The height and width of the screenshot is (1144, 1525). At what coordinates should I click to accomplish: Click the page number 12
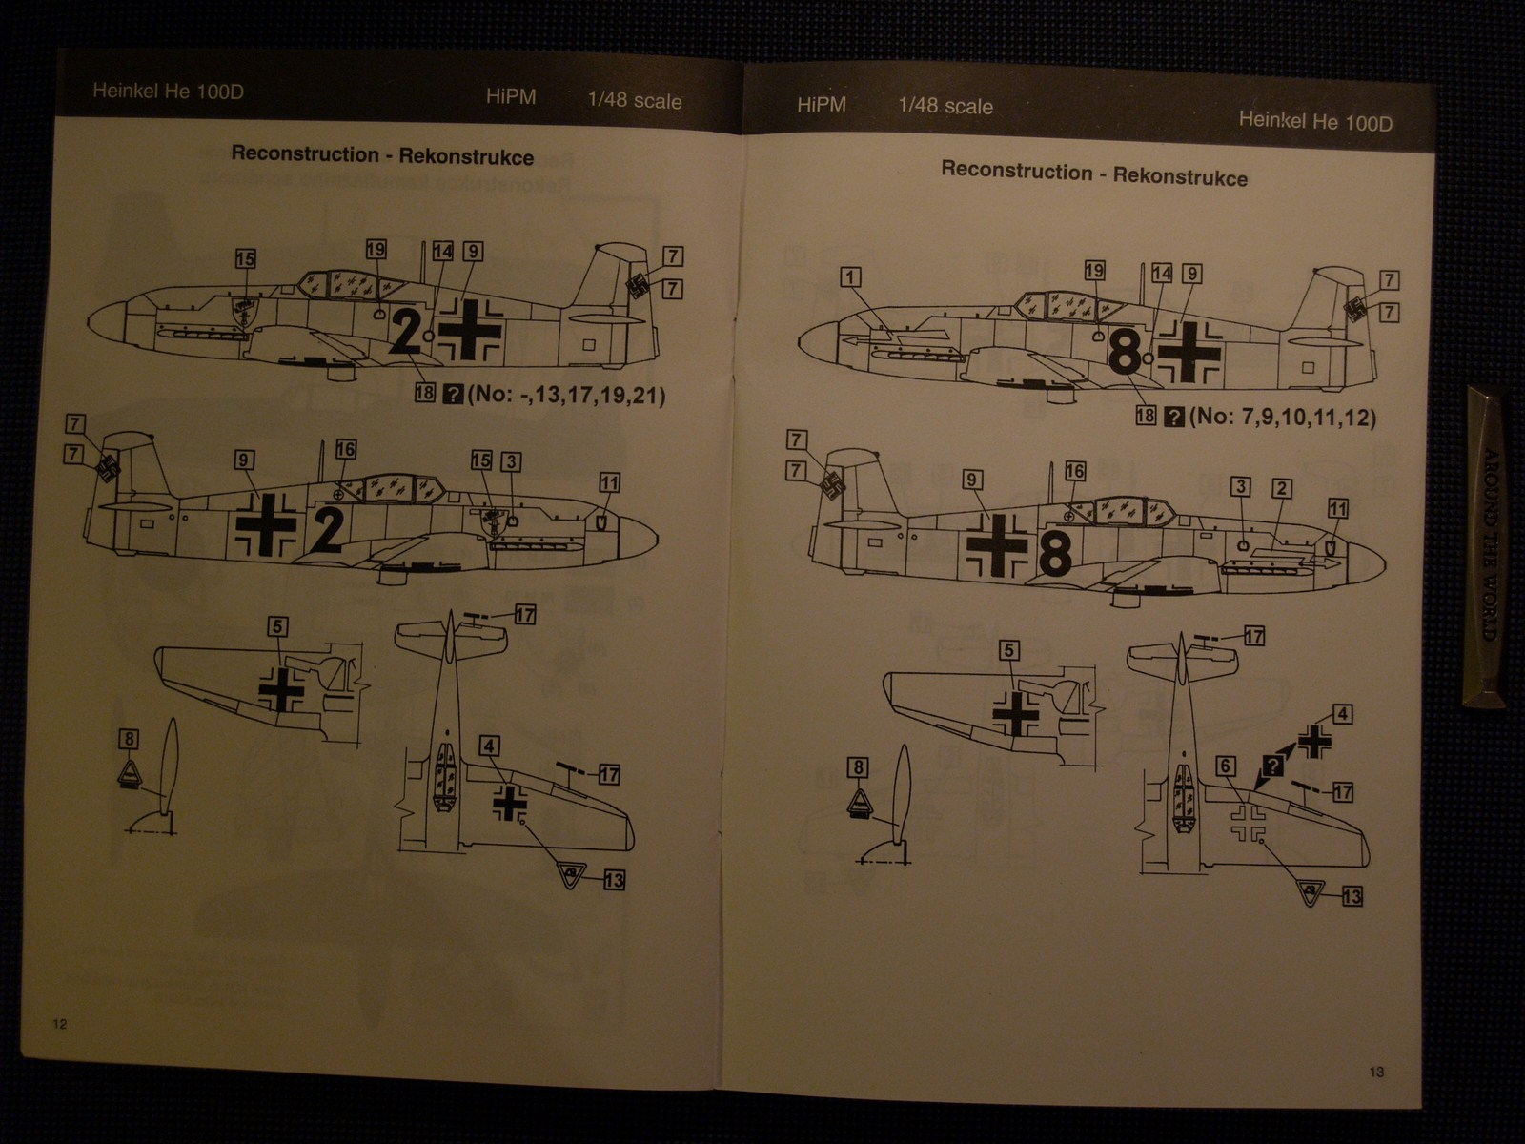coord(60,1024)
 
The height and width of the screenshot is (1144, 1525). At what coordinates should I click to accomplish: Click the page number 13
coord(1376,1072)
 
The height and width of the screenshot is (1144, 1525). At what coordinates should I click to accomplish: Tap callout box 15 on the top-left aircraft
coord(246,258)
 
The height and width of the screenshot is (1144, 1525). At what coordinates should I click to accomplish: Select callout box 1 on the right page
coord(850,277)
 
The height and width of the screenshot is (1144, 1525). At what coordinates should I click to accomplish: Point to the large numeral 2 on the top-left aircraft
coord(406,334)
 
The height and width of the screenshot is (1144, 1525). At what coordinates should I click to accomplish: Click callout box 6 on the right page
coord(1227,766)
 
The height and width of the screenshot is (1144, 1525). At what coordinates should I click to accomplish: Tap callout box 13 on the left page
coord(614,879)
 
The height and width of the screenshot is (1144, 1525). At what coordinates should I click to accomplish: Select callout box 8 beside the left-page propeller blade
coord(130,738)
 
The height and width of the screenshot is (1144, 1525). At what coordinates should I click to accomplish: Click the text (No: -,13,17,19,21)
coord(566,395)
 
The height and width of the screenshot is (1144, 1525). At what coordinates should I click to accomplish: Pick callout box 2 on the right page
coord(1282,489)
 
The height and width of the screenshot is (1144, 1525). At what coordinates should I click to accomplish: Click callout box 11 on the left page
coord(609,483)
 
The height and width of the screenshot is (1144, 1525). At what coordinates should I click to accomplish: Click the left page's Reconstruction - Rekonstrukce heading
coord(382,155)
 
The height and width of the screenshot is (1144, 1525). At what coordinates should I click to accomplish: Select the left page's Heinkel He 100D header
coord(168,92)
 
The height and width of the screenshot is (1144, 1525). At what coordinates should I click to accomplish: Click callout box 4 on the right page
coord(1342,714)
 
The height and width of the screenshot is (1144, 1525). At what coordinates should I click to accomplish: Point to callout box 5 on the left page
coord(276,626)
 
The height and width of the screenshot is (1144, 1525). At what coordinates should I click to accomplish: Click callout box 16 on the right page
coord(1075,471)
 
